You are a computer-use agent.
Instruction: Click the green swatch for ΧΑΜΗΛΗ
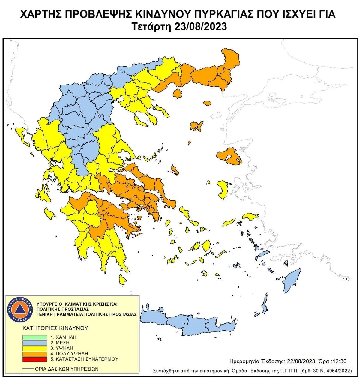tap(34, 337)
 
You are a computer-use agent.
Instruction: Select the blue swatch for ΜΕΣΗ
tap(34, 343)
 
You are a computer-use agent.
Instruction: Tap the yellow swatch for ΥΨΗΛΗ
tap(34, 348)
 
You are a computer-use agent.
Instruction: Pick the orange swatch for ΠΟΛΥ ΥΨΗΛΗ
tap(34, 354)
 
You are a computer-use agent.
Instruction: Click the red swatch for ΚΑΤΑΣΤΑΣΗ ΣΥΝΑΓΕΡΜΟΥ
tap(34, 359)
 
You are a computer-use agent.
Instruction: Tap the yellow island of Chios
tap(223, 189)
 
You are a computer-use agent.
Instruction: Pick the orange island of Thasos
tap(178, 94)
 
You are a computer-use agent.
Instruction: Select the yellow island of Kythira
tap(122, 280)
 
